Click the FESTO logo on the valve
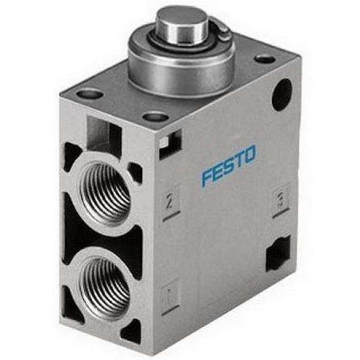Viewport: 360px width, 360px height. click(x=228, y=165)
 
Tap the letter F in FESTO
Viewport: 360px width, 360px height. click(x=207, y=176)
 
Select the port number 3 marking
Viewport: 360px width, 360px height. click(x=280, y=199)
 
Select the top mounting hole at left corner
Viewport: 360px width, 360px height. click(x=90, y=94)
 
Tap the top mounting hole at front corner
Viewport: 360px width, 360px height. click(x=156, y=116)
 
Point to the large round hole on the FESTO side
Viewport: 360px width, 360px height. click(x=282, y=94)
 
